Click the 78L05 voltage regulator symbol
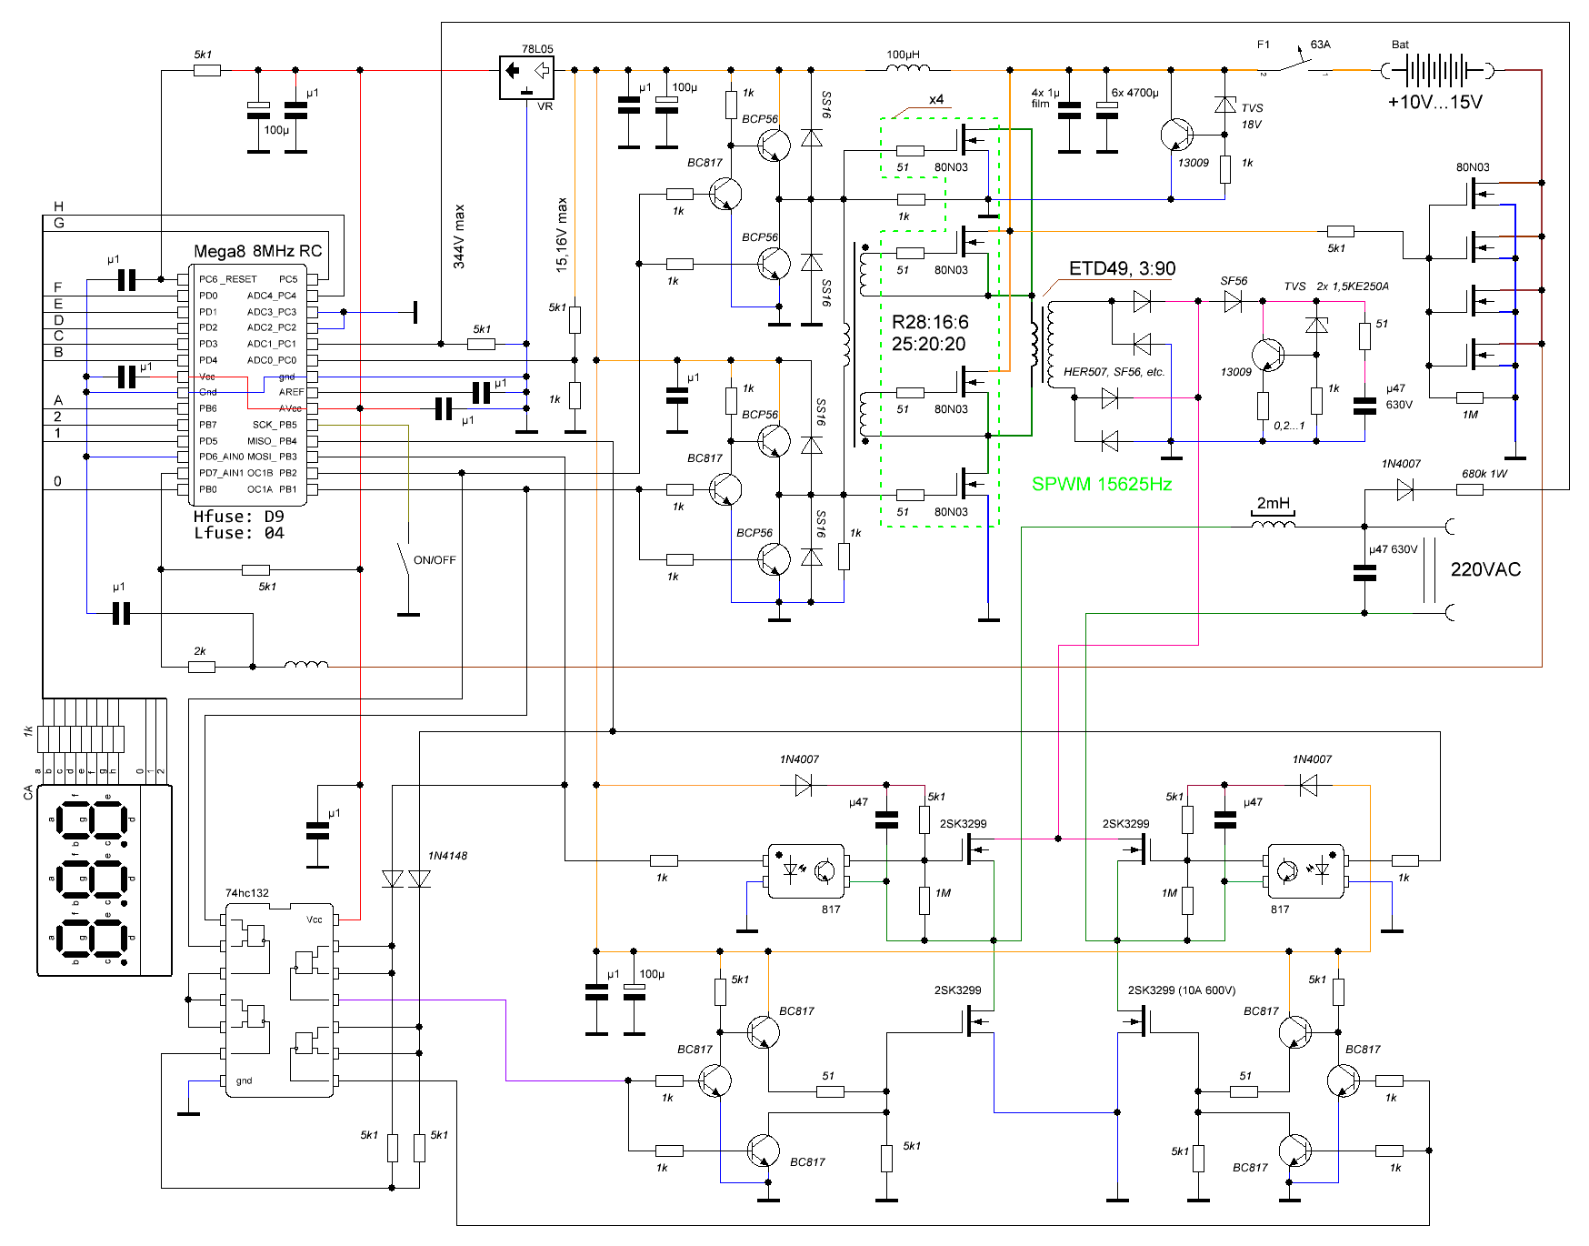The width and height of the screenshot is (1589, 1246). (x=526, y=76)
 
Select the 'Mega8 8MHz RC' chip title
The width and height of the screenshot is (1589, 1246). (x=257, y=251)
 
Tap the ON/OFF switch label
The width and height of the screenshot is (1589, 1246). (x=435, y=560)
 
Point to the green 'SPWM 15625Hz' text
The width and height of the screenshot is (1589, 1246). (x=1101, y=485)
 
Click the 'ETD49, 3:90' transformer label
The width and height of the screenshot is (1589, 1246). (x=1122, y=268)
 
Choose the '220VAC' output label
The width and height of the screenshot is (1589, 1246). (x=1485, y=569)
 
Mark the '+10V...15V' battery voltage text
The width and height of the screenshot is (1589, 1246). (x=1434, y=102)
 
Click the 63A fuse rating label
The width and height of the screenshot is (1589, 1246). (x=1320, y=45)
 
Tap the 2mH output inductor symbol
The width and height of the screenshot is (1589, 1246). (x=1273, y=523)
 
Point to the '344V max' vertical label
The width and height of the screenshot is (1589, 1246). (x=459, y=236)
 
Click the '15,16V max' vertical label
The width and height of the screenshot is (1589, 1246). (x=562, y=235)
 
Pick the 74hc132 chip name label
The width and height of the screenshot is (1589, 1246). (x=247, y=893)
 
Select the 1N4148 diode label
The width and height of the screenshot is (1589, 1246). (x=447, y=856)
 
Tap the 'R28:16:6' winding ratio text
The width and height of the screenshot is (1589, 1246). (x=930, y=322)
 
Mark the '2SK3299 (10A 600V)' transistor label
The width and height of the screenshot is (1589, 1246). (x=1181, y=990)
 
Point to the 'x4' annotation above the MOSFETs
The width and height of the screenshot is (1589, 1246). (x=936, y=99)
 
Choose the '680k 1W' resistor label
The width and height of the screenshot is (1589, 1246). (x=1484, y=474)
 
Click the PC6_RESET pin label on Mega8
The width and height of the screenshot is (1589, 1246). (x=228, y=279)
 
